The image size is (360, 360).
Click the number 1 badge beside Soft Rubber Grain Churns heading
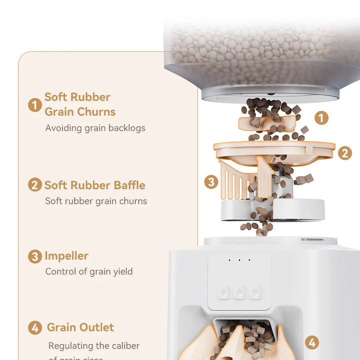click(x=34, y=105)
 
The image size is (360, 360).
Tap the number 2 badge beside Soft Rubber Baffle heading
click(x=34, y=185)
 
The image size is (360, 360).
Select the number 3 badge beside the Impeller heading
click(x=34, y=256)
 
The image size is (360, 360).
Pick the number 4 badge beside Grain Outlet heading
click(x=34, y=328)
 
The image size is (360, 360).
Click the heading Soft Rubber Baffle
click(x=94, y=185)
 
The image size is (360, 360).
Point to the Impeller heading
click(x=66, y=256)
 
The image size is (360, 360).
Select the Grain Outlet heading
click(x=80, y=327)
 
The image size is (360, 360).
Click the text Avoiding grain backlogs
click(x=95, y=128)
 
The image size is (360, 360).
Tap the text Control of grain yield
click(x=89, y=271)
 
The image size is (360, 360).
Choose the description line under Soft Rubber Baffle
click(x=96, y=201)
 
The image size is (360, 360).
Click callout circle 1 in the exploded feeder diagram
click(x=321, y=118)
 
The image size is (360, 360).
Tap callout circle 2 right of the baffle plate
click(x=344, y=153)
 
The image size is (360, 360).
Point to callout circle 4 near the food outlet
click(x=312, y=342)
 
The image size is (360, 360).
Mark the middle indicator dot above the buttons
click(x=239, y=259)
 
